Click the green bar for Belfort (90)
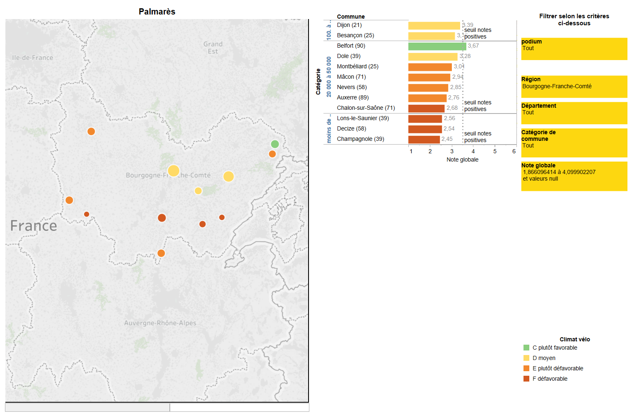437,46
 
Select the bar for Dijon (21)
434,25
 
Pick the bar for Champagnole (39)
424,139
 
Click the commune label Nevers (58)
352,87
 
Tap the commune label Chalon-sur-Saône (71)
366,108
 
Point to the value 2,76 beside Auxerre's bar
453,98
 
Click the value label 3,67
473,46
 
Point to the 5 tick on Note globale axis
495,151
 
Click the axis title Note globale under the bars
462,159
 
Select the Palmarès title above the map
157,12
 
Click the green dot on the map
275,144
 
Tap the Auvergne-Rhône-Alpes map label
160,323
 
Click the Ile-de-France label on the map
32,58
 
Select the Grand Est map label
213,48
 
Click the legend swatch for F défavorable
526,379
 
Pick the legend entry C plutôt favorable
555,348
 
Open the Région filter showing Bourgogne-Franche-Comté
574,86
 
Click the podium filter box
574,48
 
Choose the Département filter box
574,113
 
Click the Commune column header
350,17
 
